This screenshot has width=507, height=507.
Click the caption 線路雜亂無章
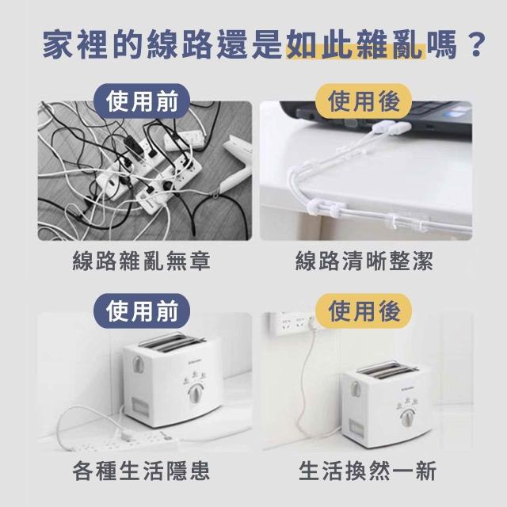(141, 261)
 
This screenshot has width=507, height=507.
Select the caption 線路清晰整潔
(364, 261)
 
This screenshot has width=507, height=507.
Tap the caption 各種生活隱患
(141, 471)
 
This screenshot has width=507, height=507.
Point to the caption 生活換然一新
(368, 471)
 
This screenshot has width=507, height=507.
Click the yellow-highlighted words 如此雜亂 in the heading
(356, 44)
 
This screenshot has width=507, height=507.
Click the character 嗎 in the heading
(442, 44)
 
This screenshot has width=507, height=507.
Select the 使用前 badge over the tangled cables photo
(142, 101)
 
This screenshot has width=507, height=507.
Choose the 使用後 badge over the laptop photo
(364, 101)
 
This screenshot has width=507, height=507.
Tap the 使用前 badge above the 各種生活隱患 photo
(142, 311)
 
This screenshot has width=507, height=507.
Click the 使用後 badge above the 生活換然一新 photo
(364, 311)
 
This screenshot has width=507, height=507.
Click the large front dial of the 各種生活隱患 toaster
(195, 394)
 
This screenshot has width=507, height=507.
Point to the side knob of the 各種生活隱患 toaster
(138, 364)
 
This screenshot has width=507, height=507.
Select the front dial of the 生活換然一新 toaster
(406, 417)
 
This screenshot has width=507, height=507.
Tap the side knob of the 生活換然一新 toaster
(356, 389)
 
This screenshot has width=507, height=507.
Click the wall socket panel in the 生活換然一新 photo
(292, 322)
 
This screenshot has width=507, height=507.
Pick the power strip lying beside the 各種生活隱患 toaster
(123, 442)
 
